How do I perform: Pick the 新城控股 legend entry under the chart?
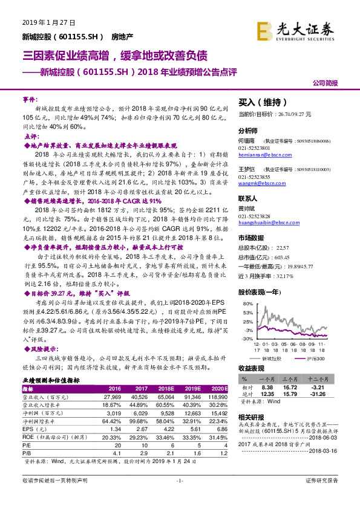click(277, 358)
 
